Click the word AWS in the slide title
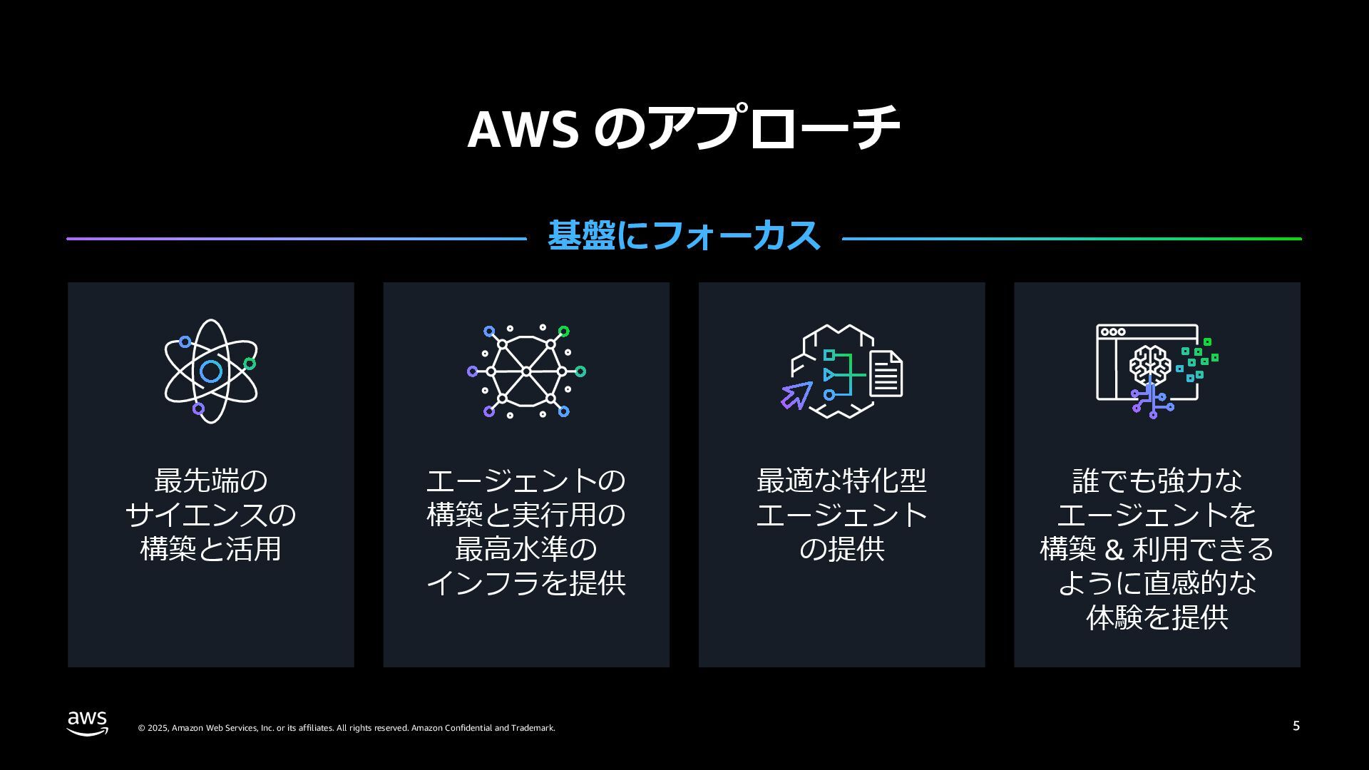523,129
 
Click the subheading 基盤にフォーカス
684,236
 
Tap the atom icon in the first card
210,371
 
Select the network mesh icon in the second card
526,371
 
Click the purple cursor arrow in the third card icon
796,395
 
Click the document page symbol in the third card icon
886,374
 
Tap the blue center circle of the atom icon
211,371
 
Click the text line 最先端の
210,481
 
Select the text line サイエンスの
210,515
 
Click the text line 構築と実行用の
526,515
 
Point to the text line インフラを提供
526,583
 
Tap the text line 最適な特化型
841,481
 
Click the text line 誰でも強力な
1157,481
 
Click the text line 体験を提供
1157,617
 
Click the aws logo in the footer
88,722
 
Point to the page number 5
1296,726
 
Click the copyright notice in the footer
346,728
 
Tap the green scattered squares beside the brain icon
1198,361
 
